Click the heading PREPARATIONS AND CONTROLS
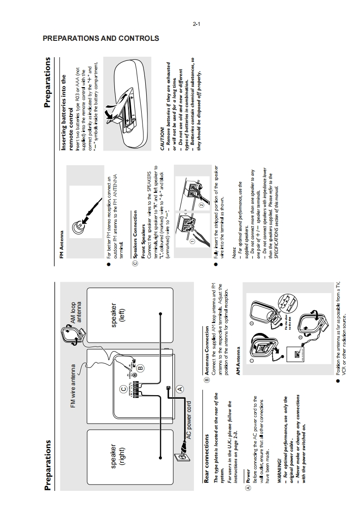(x=100, y=39)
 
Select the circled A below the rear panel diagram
(x=180, y=388)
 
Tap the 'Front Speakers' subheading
(x=144, y=238)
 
